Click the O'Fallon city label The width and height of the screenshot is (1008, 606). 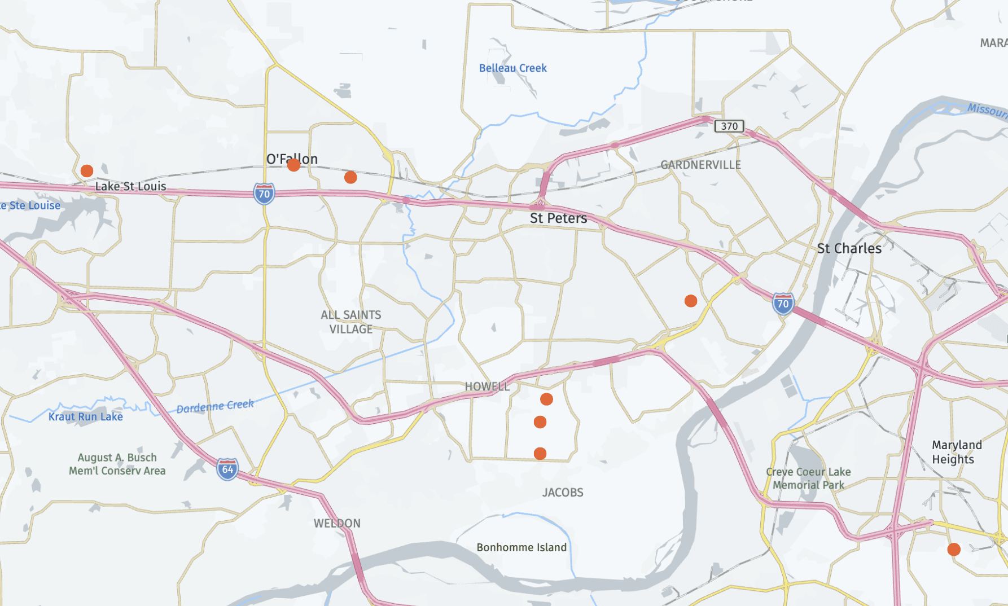pos(292,159)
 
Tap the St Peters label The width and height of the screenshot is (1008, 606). pos(558,218)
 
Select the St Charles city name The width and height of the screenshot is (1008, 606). pos(849,248)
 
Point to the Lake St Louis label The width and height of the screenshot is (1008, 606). pos(130,186)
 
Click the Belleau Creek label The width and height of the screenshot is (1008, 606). pos(512,68)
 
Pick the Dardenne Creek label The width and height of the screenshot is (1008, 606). pos(215,406)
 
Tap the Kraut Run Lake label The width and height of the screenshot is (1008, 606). pos(86,416)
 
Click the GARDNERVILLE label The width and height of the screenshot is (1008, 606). pos(700,165)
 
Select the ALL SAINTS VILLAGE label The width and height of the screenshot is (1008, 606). pos(351,322)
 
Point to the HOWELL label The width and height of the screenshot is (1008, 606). pos(487,387)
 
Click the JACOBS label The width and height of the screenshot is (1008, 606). pos(563,493)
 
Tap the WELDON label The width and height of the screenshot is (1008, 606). pos(337,523)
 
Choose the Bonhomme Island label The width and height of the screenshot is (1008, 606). pos(521,547)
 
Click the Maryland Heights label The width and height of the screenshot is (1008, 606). pos(957,452)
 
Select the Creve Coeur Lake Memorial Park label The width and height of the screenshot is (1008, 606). pos(808,478)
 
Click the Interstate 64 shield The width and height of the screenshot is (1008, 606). pos(227,469)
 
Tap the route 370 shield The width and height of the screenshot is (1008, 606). pos(729,126)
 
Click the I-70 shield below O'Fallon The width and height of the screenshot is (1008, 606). pos(264,194)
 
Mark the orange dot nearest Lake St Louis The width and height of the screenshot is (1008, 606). pos(87,170)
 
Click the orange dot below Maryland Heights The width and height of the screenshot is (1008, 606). pos(954,549)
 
